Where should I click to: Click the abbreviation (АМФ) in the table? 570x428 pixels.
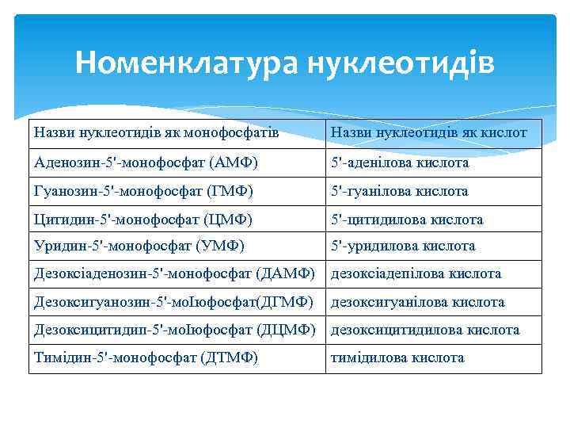pos(234,163)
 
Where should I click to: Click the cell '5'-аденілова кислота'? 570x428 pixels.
pos(400,163)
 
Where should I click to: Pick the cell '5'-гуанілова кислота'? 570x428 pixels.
pos(399,191)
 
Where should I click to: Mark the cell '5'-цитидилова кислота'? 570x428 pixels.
pos(406,219)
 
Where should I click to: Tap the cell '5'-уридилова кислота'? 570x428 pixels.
pos(402,246)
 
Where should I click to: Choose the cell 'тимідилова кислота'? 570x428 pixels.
pos(397,358)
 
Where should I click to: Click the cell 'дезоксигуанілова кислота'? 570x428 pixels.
pos(417,302)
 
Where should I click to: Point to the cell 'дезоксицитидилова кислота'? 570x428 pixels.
pos(424,330)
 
